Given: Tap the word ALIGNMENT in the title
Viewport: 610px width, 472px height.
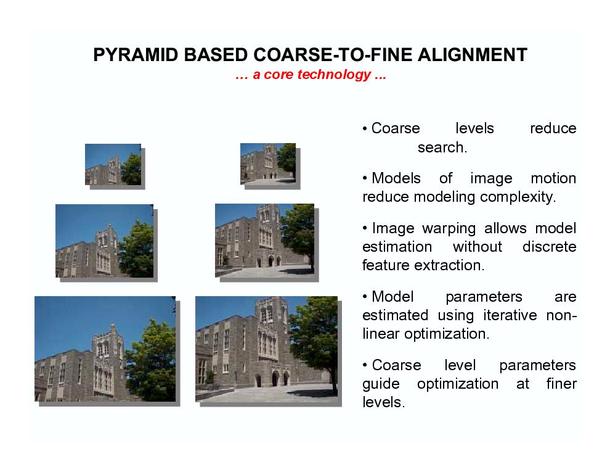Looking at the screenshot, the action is (x=472, y=55).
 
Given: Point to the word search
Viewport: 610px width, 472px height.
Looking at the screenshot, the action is (x=442, y=147).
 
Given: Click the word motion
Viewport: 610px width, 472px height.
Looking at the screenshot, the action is (x=553, y=178).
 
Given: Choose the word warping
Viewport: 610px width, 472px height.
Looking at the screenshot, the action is (x=449, y=229).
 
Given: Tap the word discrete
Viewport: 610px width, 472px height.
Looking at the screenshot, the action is (x=550, y=247).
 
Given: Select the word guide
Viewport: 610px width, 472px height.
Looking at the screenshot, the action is (x=381, y=384).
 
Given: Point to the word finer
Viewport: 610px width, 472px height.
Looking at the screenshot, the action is (x=561, y=384).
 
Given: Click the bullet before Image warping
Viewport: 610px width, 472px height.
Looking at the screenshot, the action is (x=365, y=228).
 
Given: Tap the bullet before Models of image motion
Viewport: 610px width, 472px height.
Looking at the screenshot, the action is (x=365, y=178).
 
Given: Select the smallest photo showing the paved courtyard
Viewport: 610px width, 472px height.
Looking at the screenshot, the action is (x=268, y=164).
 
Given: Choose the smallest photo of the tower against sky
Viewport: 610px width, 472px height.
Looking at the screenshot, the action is (x=113, y=164).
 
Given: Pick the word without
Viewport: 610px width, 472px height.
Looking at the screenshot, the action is (x=478, y=247).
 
